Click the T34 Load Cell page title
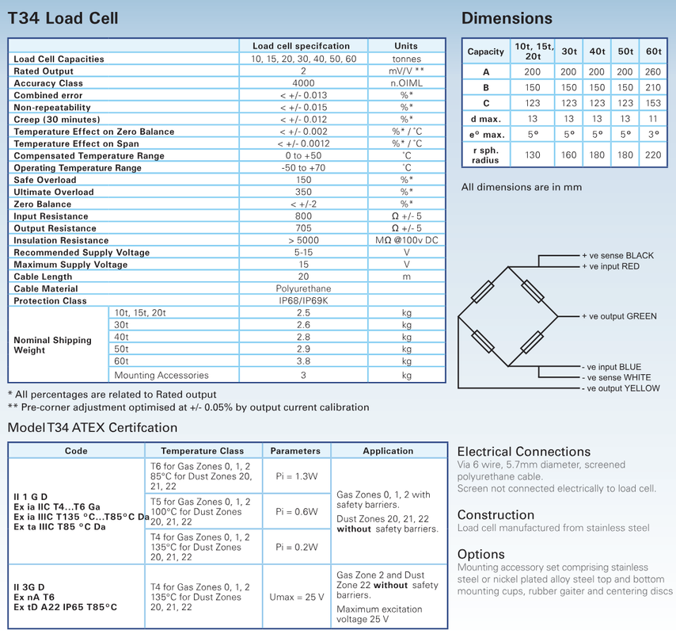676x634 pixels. [63, 17]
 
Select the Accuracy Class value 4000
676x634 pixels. [303, 83]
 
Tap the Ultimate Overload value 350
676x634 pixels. [303, 192]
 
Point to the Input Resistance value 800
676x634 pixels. [303, 216]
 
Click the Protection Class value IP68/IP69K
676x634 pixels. [303, 301]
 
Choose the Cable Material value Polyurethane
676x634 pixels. [303, 289]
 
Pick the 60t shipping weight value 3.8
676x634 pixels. [303, 361]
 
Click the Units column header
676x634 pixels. [406, 46]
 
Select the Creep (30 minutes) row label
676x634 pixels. [56, 120]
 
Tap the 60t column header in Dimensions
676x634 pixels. [653, 52]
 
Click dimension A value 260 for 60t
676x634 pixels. [653, 72]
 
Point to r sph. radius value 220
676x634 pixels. [653, 155]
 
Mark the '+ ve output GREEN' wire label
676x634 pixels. [619, 316]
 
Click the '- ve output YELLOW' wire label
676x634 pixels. [621, 388]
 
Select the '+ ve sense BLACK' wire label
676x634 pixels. [617, 256]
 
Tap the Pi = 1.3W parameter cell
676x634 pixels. [297, 476]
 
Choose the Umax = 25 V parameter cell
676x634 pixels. [297, 597]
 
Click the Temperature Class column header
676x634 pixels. [203, 451]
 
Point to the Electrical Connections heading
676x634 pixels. [523, 453]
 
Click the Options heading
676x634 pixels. [480, 554]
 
